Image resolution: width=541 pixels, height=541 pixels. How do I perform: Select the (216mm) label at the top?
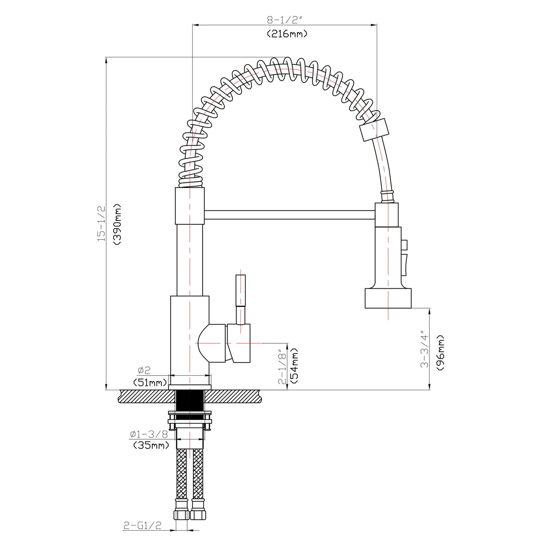(x=287, y=34)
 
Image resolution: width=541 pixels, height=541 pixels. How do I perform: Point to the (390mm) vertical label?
(x=117, y=224)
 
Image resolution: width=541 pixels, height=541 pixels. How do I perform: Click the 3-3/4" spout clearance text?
(x=424, y=349)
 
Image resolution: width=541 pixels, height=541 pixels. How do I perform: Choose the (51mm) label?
(x=150, y=382)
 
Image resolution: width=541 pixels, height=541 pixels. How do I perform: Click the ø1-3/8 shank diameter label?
(x=149, y=434)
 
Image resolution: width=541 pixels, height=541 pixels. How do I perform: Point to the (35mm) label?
(x=151, y=446)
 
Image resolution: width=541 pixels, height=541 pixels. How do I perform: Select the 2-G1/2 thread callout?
(x=142, y=526)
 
